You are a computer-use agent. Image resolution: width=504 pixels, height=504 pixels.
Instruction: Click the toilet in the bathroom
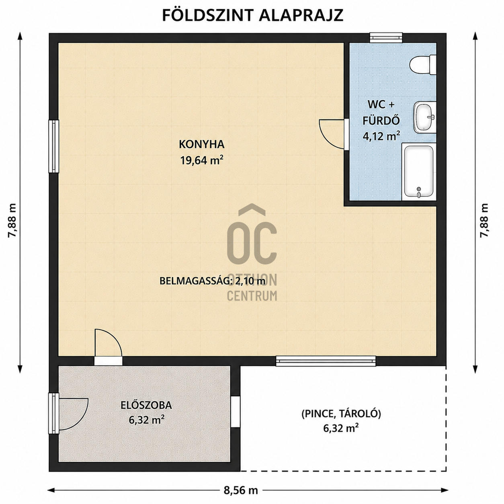click(x=423, y=64)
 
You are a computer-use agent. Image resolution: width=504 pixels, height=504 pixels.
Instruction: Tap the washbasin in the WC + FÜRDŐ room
click(x=425, y=116)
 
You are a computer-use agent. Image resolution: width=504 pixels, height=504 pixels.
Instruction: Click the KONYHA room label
click(x=202, y=144)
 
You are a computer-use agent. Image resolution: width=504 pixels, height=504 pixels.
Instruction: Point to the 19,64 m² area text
click(x=202, y=160)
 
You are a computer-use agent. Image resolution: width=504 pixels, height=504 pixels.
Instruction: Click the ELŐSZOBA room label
click(x=146, y=405)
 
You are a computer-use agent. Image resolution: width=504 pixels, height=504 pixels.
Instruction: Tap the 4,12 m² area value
click(x=381, y=136)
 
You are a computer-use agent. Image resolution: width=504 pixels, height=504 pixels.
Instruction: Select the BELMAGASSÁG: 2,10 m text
click(x=212, y=281)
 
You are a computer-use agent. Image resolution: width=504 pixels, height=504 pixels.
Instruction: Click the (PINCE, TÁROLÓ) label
click(x=341, y=414)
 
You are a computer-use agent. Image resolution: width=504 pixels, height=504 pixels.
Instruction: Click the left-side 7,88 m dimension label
click(x=12, y=220)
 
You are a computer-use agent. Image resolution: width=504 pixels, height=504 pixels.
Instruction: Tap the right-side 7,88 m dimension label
click(x=484, y=220)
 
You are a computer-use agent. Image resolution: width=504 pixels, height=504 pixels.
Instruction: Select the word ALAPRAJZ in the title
click(x=301, y=15)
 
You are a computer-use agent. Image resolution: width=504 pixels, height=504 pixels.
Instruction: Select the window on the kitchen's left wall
click(x=54, y=146)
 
